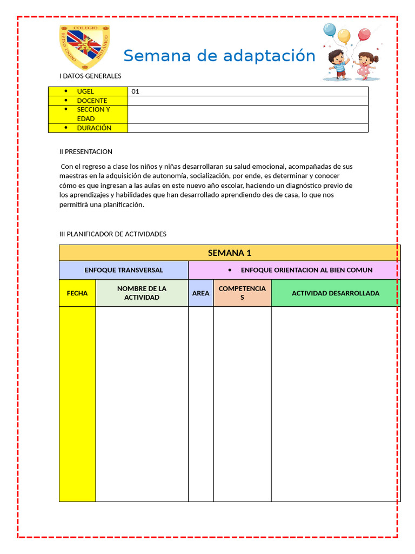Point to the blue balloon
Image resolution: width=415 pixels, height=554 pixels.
tap(329, 30)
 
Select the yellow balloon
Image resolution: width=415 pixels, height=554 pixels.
tap(344, 36)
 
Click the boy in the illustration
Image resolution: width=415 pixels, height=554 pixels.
tap(338, 64)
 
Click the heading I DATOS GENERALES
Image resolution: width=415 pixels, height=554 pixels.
tap(90, 76)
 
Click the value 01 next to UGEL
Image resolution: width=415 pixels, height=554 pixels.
tap(136, 91)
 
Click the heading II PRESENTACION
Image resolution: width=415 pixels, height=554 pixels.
tap(86, 151)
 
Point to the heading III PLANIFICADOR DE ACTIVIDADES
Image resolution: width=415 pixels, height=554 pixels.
tap(113, 234)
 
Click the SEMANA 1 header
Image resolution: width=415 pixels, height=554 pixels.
tap(230, 253)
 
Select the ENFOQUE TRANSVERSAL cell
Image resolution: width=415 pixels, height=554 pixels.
tap(124, 270)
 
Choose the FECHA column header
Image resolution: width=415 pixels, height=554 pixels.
tap(77, 293)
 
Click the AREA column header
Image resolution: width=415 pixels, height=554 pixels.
tap(200, 293)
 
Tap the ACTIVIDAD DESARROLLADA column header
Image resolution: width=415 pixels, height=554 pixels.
tap(336, 293)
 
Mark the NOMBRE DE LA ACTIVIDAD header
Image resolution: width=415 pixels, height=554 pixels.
tap(142, 293)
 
